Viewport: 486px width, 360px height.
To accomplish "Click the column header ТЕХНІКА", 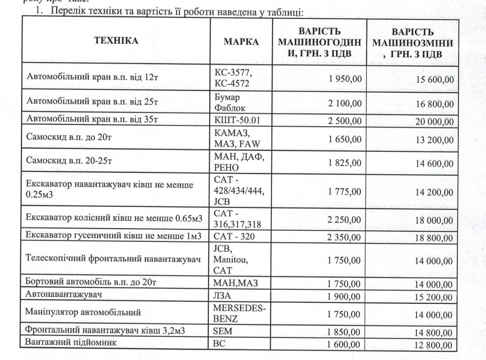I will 116,41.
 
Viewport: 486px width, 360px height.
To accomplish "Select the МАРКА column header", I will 241,42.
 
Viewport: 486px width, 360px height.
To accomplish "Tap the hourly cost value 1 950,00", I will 345,78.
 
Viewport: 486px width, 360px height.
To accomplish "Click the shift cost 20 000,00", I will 434,121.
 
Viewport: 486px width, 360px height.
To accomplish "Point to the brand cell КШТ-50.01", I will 237,119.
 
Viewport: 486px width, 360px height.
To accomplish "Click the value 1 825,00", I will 345,163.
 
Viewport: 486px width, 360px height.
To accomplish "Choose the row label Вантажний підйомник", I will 71,342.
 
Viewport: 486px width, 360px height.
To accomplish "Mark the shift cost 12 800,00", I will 434,345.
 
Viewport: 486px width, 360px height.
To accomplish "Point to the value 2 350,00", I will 345,237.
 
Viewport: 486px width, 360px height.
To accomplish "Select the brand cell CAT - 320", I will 234,235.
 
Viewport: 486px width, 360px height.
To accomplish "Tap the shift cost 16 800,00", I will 434,104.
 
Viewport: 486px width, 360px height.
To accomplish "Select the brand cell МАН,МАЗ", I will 235,283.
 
